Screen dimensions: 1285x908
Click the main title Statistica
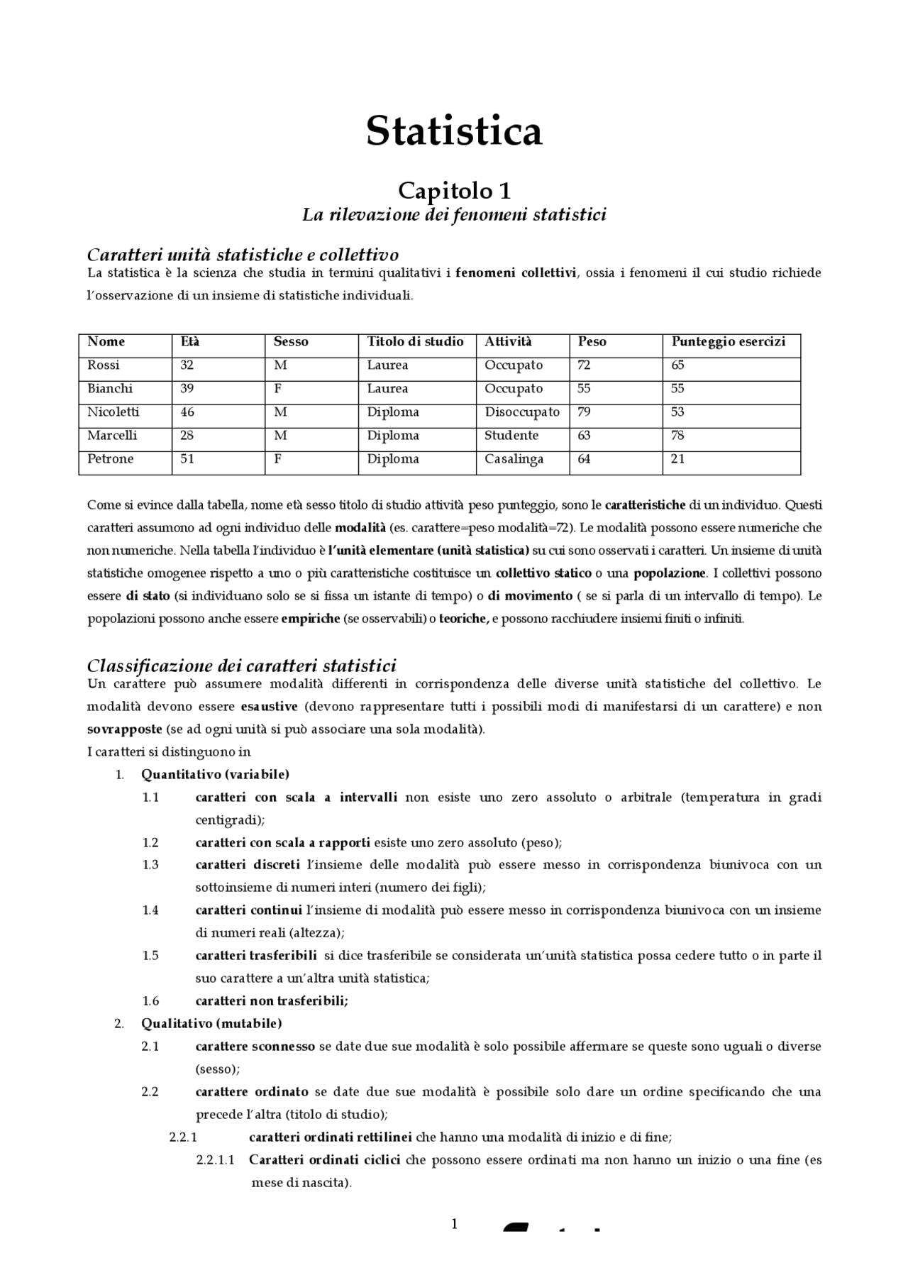pos(454,131)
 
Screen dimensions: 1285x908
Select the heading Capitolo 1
pos(454,190)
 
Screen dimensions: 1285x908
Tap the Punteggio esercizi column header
pos(728,342)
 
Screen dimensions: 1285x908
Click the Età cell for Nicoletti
pos(187,412)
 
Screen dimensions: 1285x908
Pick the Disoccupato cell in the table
pos(521,412)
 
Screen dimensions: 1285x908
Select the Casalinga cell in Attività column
pos(514,459)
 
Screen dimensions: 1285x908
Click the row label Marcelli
pos(112,436)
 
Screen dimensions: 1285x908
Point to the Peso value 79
pos(584,412)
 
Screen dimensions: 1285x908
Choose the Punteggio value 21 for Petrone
pos(677,459)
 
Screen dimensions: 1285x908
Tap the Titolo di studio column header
pos(415,342)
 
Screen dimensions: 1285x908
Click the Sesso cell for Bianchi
pos(278,389)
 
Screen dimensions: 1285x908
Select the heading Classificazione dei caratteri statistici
pos(241,666)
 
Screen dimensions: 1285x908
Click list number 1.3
pos(150,865)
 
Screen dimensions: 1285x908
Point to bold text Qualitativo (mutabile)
pos(211,1023)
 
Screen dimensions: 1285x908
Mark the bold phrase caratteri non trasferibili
pos(272,1000)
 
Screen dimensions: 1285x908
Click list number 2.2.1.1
pos(216,1159)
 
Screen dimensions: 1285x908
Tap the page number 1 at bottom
pos(454,1223)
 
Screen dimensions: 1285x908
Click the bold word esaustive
pos(269,707)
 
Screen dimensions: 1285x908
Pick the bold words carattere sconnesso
pos(255,1046)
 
